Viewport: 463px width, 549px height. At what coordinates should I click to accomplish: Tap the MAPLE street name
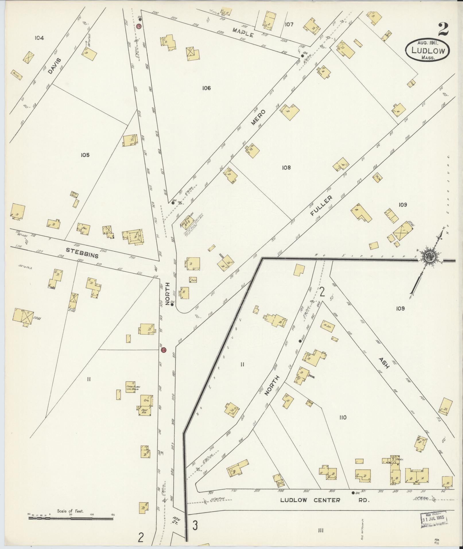[x=243, y=32]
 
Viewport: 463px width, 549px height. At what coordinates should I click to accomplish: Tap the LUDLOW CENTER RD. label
[x=324, y=500]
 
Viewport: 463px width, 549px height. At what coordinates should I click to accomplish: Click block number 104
[x=39, y=38]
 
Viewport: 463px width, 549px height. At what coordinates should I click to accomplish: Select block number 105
[x=85, y=155]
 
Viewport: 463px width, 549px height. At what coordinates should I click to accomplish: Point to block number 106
[x=206, y=88]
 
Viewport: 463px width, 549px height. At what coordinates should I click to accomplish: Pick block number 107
[x=289, y=24]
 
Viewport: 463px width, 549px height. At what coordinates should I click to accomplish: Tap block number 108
[x=286, y=167]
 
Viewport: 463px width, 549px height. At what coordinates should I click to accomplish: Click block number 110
[x=343, y=417]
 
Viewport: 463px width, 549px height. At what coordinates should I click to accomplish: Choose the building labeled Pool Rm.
[x=144, y=412]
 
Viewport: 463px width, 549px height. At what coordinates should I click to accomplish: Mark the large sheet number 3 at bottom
[x=195, y=525]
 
